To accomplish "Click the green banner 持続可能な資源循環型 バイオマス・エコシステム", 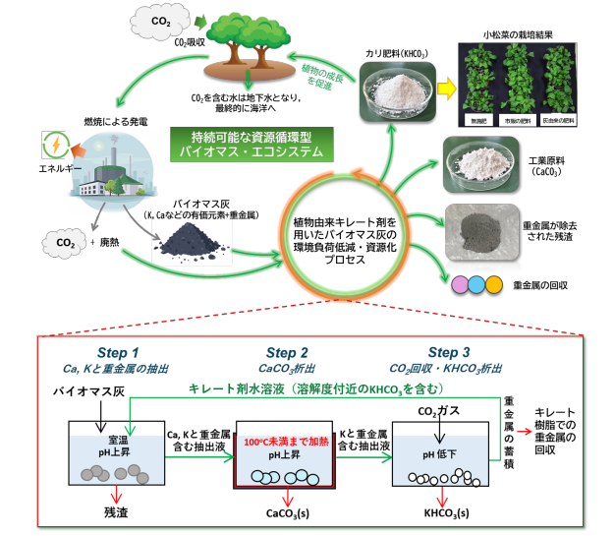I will pyautogui.click(x=252, y=144).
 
